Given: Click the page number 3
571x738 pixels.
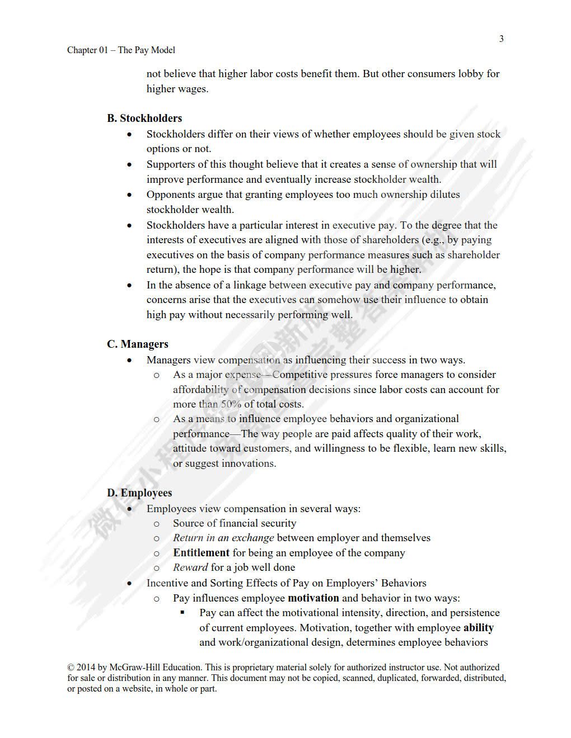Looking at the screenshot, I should click(501, 39).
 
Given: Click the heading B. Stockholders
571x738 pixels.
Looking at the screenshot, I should click(144, 118).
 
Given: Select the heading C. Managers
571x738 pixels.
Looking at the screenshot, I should click(138, 344).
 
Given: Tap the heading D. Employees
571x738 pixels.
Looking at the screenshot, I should click(139, 493).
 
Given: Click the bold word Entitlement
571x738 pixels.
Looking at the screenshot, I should click(201, 552).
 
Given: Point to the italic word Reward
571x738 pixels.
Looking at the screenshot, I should click(190, 567).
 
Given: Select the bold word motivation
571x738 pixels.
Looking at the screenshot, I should click(313, 598).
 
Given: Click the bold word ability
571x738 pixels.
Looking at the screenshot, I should click(478, 627).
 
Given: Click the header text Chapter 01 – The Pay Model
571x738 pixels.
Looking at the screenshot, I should click(121, 50).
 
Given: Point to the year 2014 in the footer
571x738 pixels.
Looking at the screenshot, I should click(86, 667).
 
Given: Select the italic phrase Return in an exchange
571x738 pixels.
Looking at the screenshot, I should click(223, 537).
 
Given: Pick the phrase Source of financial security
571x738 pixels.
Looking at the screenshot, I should click(235, 523).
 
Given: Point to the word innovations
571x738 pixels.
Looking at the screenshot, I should click(249, 463).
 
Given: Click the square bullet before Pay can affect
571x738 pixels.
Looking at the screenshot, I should click(182, 612).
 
